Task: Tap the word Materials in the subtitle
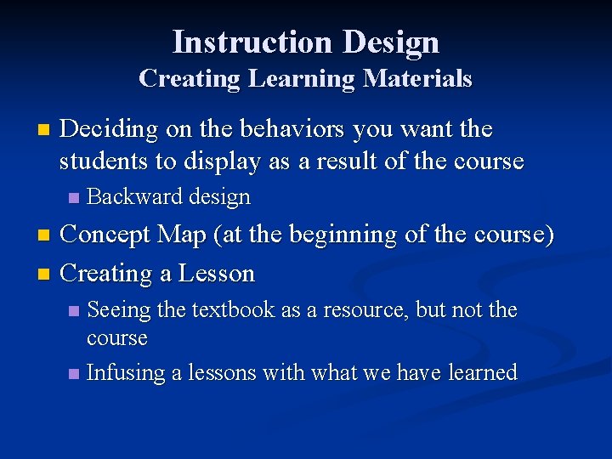(x=417, y=78)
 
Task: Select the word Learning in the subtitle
(x=302, y=78)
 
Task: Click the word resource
(x=365, y=310)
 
